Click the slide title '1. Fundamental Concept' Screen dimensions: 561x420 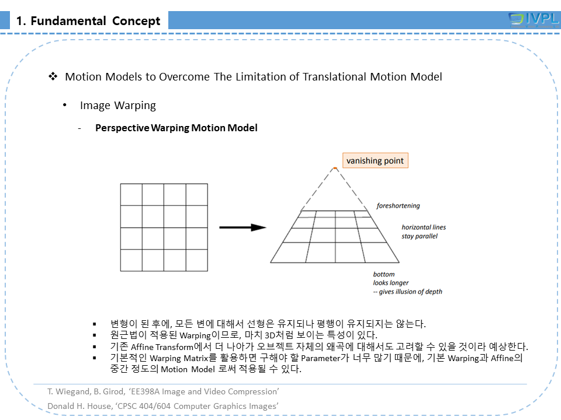[88, 22]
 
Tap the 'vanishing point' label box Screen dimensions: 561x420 [375, 160]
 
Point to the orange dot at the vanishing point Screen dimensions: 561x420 [335, 169]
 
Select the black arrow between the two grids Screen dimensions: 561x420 [243, 227]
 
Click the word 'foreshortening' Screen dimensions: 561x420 [398, 206]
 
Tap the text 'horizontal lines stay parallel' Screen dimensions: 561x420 [423, 232]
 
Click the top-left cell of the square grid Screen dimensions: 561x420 [131, 194]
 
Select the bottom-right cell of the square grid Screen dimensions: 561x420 [196, 260]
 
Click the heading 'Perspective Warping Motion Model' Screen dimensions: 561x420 [176, 128]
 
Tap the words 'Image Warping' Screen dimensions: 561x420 [117, 106]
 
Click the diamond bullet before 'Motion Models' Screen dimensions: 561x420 [53, 76]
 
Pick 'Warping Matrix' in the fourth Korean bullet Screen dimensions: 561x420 [176, 358]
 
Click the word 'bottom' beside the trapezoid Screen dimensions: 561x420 [384, 274]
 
